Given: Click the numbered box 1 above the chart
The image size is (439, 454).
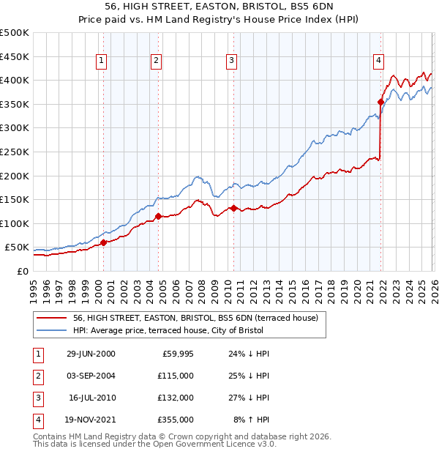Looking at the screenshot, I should click(x=101, y=61).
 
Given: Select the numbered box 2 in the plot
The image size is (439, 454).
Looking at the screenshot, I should click(x=157, y=61).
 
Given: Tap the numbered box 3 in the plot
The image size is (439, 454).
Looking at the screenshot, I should click(x=231, y=61).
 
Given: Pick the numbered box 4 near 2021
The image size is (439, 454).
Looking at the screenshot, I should click(x=379, y=61).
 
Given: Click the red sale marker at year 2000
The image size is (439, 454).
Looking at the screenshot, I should click(x=103, y=242).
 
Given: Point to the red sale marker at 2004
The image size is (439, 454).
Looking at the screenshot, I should click(x=159, y=216).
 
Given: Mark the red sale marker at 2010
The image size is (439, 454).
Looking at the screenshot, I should click(x=233, y=208).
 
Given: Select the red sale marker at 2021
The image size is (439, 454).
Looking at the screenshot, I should click(x=380, y=102).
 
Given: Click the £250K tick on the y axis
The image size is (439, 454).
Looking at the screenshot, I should click(x=15, y=152).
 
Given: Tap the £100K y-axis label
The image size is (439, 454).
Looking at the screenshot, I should click(x=15, y=223).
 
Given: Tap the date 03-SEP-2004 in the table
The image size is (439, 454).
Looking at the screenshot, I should click(x=91, y=376).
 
